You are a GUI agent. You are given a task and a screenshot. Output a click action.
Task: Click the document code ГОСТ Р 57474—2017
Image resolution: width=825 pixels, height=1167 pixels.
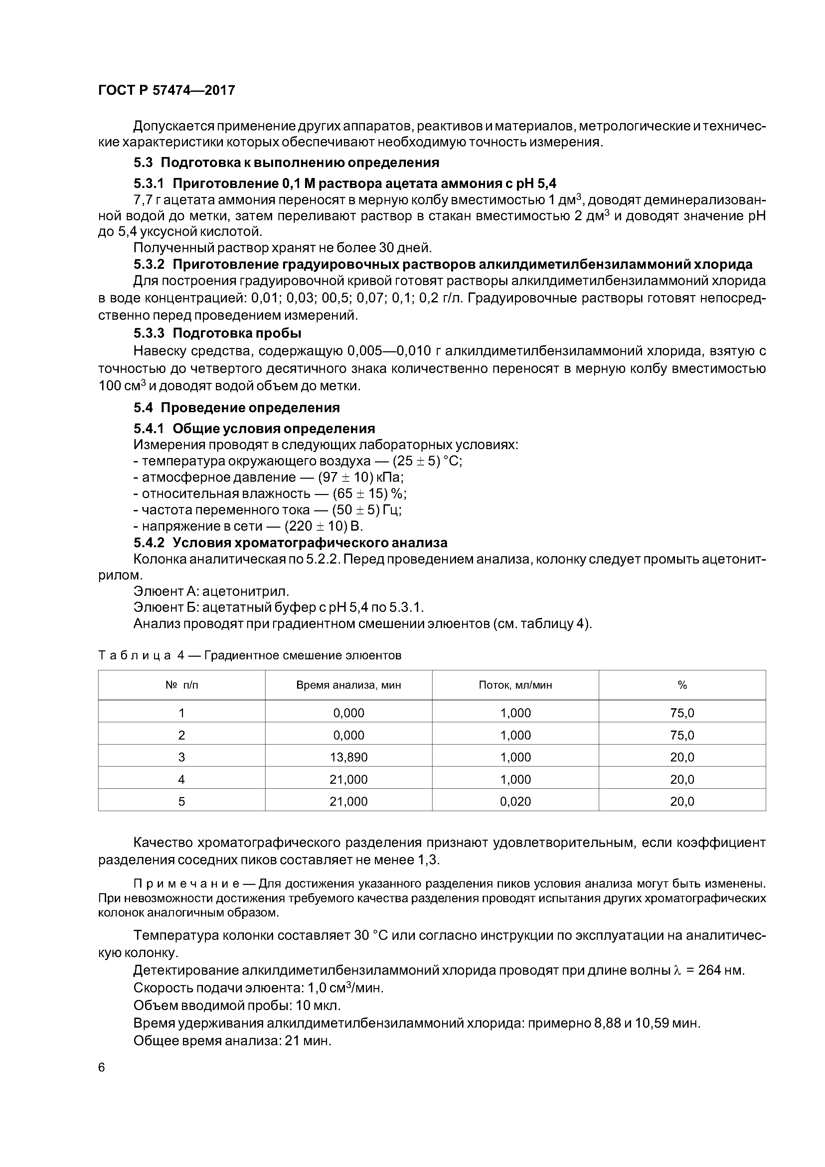(x=167, y=90)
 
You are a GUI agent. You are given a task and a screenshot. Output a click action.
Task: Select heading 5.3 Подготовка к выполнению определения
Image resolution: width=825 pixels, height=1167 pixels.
(x=286, y=163)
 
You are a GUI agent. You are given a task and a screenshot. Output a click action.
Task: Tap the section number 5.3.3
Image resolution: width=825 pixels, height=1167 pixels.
(x=149, y=333)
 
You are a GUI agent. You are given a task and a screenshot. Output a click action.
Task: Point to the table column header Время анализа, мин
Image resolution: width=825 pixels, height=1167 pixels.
(x=348, y=685)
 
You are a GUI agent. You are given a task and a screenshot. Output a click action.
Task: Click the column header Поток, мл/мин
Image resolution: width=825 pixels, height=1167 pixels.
(x=515, y=685)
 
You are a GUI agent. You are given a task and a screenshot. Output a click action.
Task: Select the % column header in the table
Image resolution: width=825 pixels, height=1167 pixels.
(x=682, y=685)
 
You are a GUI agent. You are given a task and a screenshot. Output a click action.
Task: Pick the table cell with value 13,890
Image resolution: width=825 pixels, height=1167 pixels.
(x=348, y=757)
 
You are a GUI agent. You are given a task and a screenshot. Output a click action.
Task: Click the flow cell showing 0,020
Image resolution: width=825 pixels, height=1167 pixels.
(x=515, y=801)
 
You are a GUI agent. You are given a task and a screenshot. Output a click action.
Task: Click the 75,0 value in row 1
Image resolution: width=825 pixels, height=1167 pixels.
(x=682, y=713)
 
